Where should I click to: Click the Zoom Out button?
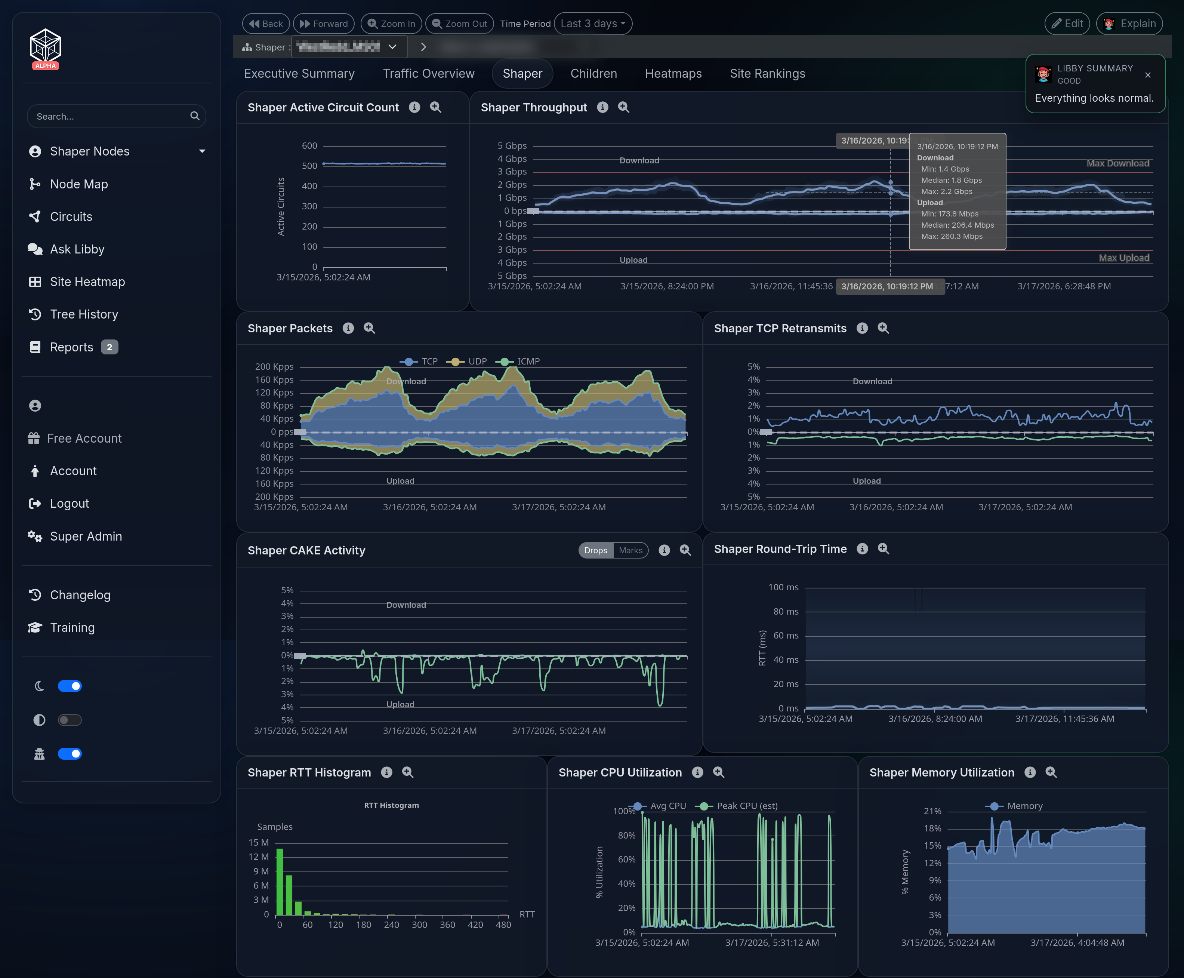[459, 24]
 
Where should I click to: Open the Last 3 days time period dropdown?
[593, 24]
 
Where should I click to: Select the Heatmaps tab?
[673, 74]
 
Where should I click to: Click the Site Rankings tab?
[767, 74]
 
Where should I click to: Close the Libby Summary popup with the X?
[1147, 75]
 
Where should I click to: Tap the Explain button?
[1129, 24]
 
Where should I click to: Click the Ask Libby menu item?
[77, 249]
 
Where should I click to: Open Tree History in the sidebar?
[84, 314]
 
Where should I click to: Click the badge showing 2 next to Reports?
[109, 347]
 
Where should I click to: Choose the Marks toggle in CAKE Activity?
[630, 550]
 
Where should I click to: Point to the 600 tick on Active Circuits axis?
[309, 146]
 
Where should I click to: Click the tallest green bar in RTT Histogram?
[280, 882]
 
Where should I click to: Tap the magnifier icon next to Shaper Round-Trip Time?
[883, 549]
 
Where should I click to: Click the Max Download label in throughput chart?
[1117, 163]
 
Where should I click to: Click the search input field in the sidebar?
[110, 117]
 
